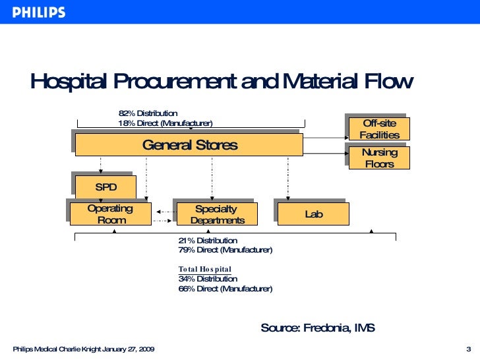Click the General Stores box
(x=189, y=145)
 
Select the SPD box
(x=105, y=187)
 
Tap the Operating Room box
(x=111, y=214)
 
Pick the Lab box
(x=313, y=214)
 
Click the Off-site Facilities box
(x=379, y=129)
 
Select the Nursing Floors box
(x=379, y=158)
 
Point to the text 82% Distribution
(x=148, y=113)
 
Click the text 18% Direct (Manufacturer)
(x=165, y=123)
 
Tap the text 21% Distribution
(x=208, y=241)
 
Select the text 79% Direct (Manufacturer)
(x=225, y=251)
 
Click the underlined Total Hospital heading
(x=204, y=270)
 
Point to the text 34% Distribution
(x=208, y=279)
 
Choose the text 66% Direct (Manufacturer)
(x=225, y=289)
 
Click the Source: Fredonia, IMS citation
(x=318, y=328)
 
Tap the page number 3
(x=467, y=349)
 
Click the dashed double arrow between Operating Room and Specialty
(x=163, y=212)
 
